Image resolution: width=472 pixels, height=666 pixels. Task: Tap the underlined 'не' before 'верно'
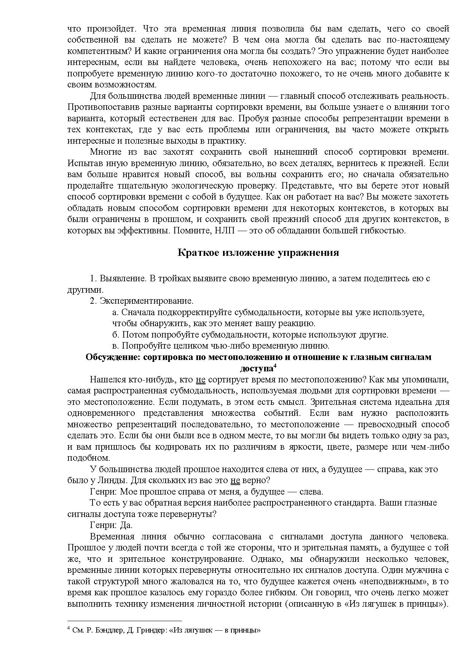(235, 480)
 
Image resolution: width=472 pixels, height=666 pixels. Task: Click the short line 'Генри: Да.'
(111, 525)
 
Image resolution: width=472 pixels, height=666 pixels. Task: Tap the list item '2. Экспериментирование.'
(142, 301)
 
